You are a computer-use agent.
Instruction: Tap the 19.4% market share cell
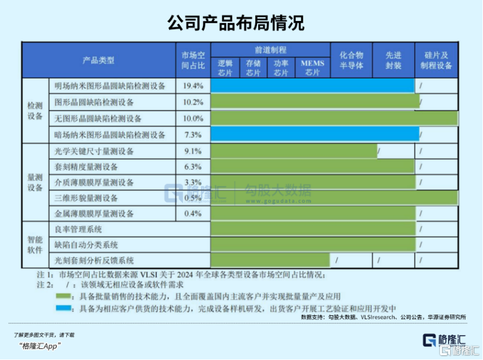193,86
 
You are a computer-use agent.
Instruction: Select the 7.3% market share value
193,135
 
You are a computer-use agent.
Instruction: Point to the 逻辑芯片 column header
225,69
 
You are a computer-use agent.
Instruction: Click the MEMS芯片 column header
313,69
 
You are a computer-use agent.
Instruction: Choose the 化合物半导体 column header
352,60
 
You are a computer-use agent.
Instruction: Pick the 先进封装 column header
393,60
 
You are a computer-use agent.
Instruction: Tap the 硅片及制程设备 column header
436,60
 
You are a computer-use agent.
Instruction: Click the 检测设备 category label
35,110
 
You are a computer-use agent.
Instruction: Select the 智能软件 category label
35,244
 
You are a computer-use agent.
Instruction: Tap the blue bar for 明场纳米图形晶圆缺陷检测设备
312,86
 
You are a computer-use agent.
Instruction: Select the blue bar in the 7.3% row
314,135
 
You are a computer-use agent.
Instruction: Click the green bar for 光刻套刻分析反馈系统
270,260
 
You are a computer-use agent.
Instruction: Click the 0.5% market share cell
193,198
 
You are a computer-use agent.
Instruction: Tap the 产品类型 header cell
99,60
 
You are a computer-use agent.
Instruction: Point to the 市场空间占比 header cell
193,60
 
